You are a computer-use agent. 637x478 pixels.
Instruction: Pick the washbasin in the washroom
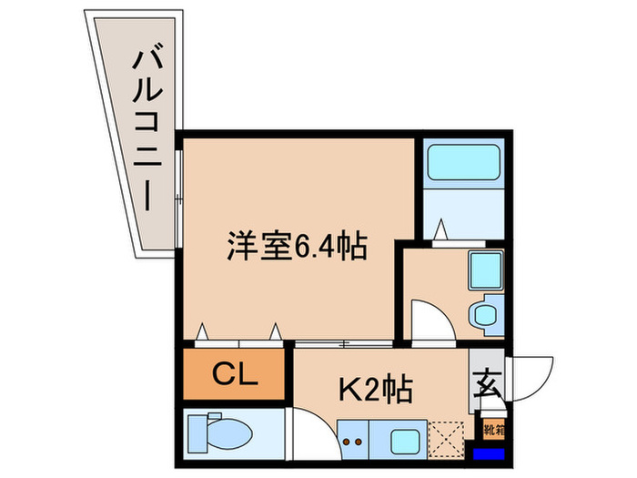(483, 315)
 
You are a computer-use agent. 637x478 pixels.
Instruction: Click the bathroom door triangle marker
(440, 229)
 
